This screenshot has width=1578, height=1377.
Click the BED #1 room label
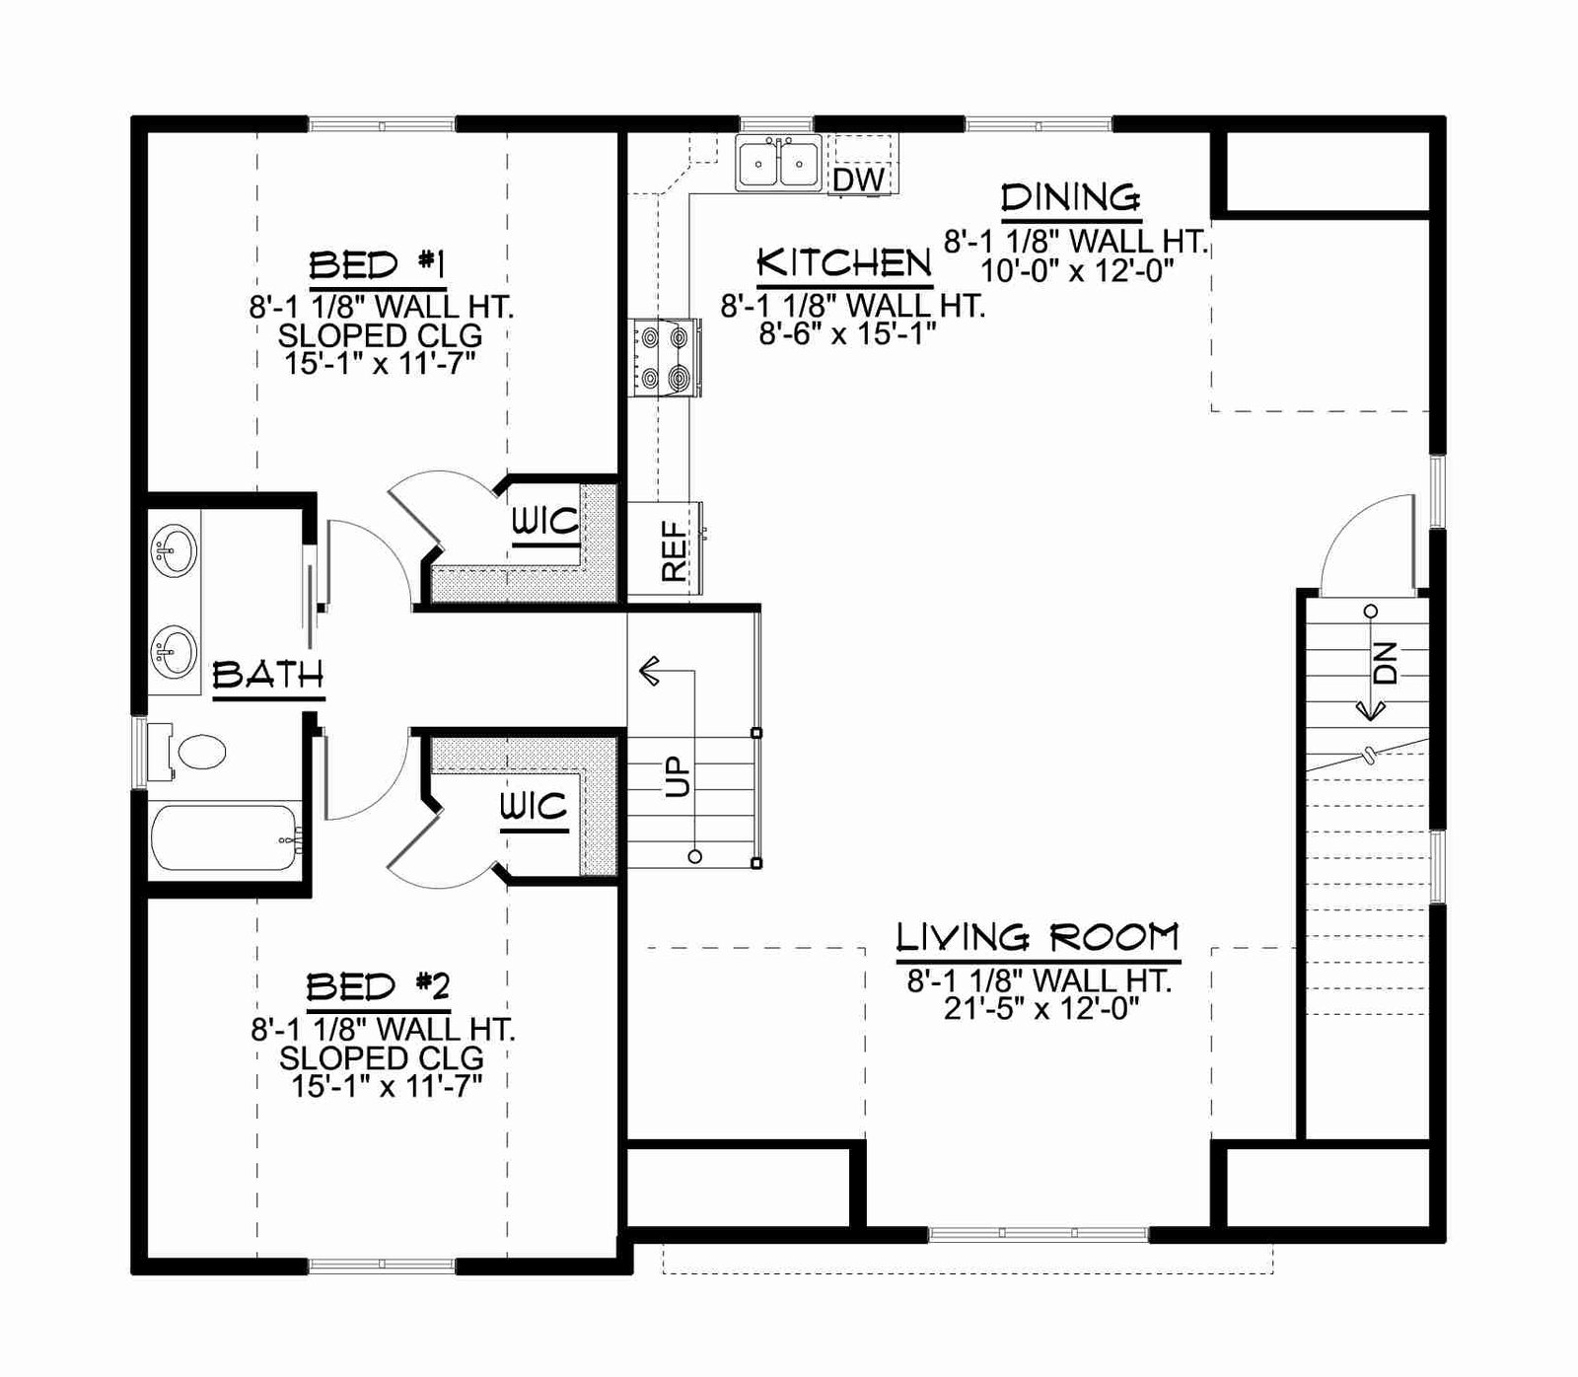[x=378, y=264]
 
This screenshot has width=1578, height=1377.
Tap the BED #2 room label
[x=378, y=986]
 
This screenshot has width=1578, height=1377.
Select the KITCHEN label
[x=844, y=262]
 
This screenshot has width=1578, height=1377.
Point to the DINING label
[x=1071, y=197]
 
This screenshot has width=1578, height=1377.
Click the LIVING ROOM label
[x=1038, y=936]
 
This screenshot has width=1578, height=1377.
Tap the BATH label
[x=268, y=675]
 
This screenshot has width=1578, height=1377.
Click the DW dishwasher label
[x=858, y=180]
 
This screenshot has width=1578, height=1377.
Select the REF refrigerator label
[x=674, y=550]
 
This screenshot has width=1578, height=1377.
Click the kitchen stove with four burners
[x=665, y=357]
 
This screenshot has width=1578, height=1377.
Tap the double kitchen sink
[x=778, y=163]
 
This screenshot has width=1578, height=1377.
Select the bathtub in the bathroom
[x=226, y=838]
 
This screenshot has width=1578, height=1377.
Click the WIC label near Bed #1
[x=544, y=521]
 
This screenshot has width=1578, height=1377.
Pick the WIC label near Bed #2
[x=534, y=807]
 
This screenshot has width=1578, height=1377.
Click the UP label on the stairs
[x=677, y=776]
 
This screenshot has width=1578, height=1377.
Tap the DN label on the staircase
[x=1386, y=662]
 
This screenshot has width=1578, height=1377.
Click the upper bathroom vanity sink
[x=174, y=548]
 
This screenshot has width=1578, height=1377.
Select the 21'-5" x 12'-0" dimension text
[x=1041, y=1008]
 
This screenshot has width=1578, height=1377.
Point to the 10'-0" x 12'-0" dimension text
[x=1077, y=270]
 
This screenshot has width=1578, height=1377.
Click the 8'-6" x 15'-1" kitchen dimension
[x=847, y=333]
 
